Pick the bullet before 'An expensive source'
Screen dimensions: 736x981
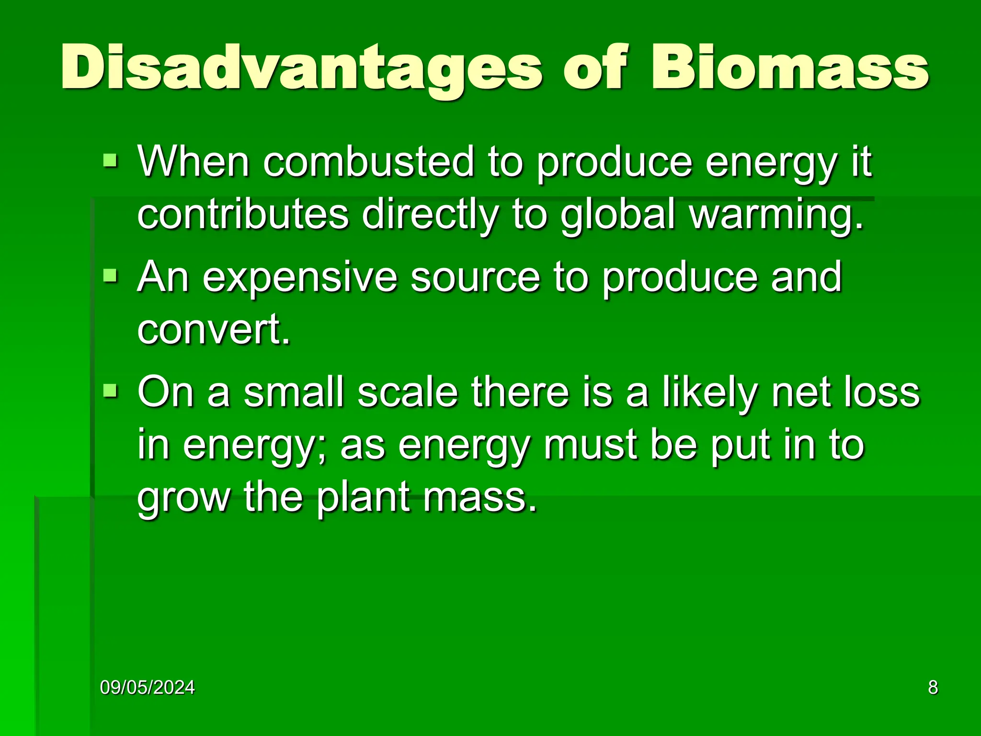[x=110, y=275]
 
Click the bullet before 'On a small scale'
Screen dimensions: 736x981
[x=110, y=391]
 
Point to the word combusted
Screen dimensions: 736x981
[x=368, y=162]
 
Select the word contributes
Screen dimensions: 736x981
[x=243, y=214]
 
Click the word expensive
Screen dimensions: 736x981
[x=300, y=278]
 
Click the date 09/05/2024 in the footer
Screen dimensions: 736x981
[x=148, y=688]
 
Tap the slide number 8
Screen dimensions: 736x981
[x=933, y=688]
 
